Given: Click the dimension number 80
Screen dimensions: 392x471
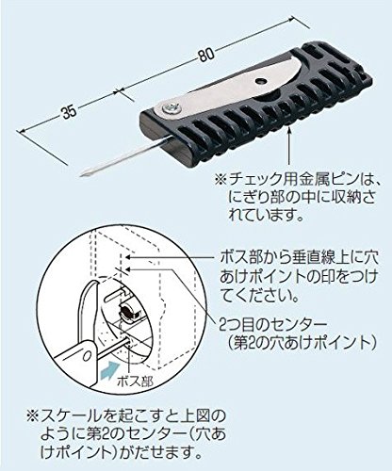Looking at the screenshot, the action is [206, 55].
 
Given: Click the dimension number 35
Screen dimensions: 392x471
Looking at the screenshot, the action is [69, 112].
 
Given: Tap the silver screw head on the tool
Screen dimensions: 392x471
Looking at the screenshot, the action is [172, 107].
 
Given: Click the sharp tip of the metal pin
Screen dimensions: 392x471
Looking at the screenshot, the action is [81, 175].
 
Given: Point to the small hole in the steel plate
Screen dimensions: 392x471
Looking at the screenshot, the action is [261, 81].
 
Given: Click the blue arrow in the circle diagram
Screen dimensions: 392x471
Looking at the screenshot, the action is [109, 368].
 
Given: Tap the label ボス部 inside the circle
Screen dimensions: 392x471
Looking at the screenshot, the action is [136, 382].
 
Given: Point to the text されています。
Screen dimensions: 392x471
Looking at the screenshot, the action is [267, 216].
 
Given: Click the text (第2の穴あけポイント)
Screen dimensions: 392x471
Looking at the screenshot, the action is [302, 344].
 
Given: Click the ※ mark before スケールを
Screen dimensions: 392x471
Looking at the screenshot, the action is [33, 417].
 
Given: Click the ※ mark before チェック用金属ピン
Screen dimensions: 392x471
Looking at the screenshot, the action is [221, 181].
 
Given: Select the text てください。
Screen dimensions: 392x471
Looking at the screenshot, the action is [259, 295].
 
